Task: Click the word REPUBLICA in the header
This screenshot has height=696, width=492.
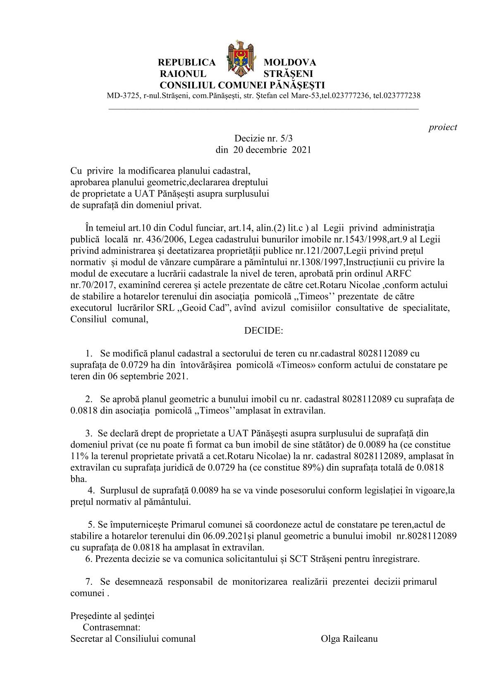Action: click(187, 62)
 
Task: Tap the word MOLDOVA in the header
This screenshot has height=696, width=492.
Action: click(290, 62)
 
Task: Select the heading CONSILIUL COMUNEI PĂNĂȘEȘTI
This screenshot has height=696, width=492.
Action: click(242, 85)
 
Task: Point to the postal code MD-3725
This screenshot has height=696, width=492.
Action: click(123, 96)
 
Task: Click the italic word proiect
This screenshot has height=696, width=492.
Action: click(442, 127)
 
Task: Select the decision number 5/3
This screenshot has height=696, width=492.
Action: click(286, 139)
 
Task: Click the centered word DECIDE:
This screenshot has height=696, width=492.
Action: click(264, 331)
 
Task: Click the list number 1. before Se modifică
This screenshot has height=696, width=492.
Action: click(88, 354)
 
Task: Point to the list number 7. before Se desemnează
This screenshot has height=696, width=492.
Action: click(88, 581)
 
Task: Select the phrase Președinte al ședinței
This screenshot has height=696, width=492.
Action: click(112, 616)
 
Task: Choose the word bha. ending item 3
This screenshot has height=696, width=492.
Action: click(79, 479)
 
